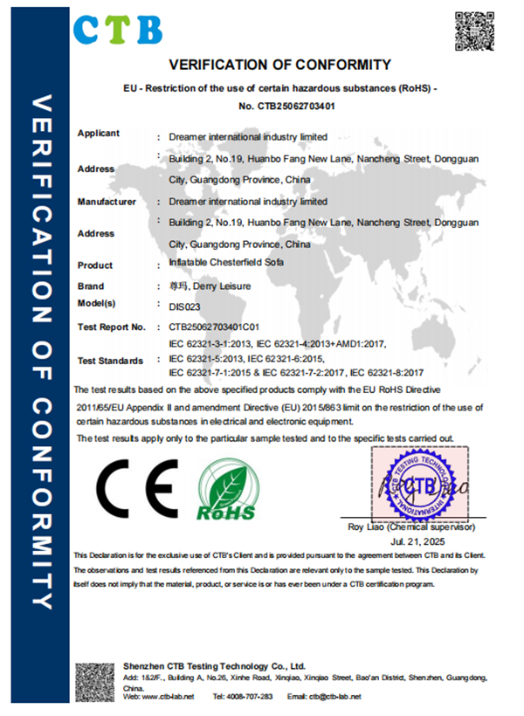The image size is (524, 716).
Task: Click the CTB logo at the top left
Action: [117, 28]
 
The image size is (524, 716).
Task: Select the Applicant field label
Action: [99, 134]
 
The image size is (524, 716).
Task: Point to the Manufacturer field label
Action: [107, 202]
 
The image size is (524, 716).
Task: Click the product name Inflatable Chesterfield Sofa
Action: [225, 263]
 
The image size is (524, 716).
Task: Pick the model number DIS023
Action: [185, 306]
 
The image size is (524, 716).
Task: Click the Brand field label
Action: [91, 286]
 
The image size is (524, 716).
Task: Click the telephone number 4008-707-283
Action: [255, 697]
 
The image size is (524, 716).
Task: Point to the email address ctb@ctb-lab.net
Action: [334, 697]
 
